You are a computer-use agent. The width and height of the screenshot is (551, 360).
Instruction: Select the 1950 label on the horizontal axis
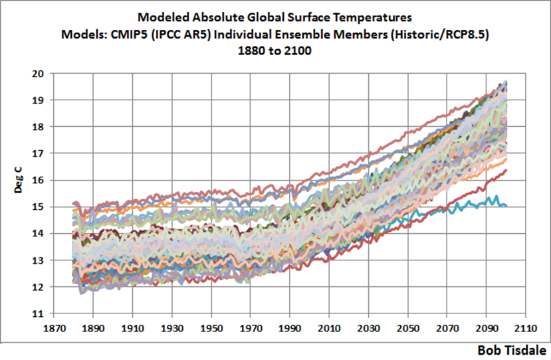212,329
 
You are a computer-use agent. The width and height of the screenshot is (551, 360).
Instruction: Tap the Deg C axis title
20,180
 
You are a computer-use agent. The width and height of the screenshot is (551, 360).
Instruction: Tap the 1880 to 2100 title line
275,50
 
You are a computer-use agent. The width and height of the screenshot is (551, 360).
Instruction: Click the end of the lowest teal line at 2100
506,205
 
